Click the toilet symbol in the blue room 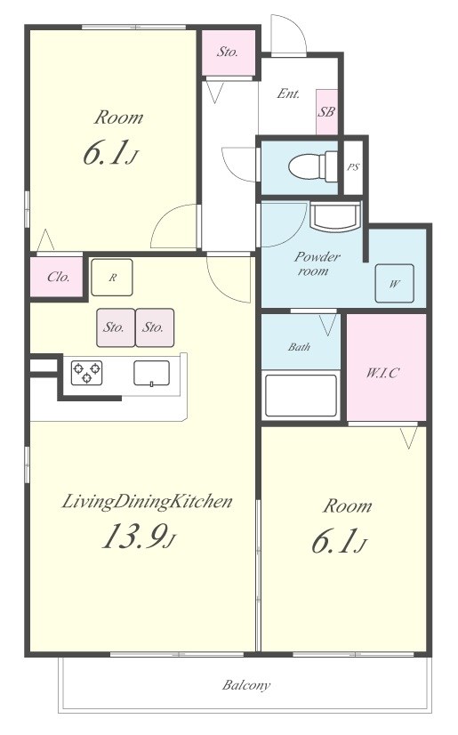[x=313, y=166]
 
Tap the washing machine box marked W [x=394, y=283]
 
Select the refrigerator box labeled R [x=112, y=277]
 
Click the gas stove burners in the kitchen [x=86, y=372]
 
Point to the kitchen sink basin [x=152, y=373]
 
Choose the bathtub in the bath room [x=301, y=395]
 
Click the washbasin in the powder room [x=335, y=217]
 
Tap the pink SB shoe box [x=326, y=112]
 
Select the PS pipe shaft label [x=353, y=166]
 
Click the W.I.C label [x=382, y=373]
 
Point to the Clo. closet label [x=59, y=277]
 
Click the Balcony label [x=246, y=685]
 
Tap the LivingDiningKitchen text [x=147, y=502]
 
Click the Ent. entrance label [x=288, y=93]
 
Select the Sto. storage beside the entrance [x=228, y=52]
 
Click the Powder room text [x=316, y=263]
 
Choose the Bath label [x=299, y=347]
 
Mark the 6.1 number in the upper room [x=106, y=153]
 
